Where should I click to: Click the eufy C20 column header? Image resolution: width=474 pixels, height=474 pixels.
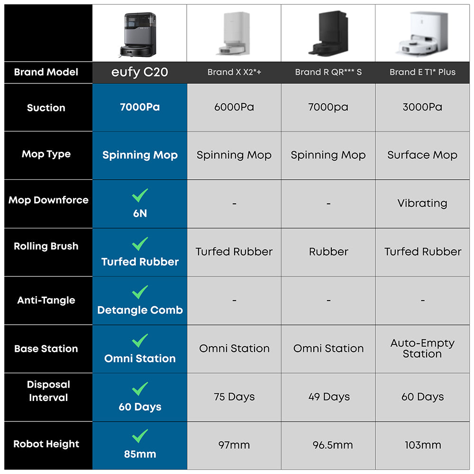pyautogui.click(x=140, y=73)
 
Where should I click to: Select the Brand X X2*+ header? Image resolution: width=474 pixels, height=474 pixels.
pyautogui.click(x=234, y=73)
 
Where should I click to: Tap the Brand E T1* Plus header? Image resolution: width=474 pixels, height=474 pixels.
pyautogui.click(x=422, y=73)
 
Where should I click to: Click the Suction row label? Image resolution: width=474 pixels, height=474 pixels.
pyautogui.click(x=46, y=108)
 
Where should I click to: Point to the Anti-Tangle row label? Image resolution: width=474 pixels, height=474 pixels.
pyautogui.click(x=46, y=300)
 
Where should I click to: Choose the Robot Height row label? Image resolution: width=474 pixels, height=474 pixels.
pyautogui.click(x=46, y=444)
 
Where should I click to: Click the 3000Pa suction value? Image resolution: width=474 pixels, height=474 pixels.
pyautogui.click(x=422, y=107)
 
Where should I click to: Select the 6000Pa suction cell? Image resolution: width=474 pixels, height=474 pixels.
pyautogui.click(x=234, y=107)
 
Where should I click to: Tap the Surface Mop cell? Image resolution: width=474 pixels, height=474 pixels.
pyautogui.click(x=422, y=155)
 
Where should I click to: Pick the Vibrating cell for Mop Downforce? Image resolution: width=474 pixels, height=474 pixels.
pyautogui.click(x=422, y=203)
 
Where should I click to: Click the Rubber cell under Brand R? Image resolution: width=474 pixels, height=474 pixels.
pyautogui.click(x=328, y=252)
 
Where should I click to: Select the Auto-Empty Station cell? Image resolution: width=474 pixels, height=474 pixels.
pyautogui.click(x=422, y=348)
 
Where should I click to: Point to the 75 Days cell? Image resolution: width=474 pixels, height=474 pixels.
pyautogui.click(x=234, y=397)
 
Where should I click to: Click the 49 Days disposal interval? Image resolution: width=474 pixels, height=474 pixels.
pyautogui.click(x=329, y=397)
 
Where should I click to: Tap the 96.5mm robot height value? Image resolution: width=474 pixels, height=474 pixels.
pyautogui.click(x=333, y=445)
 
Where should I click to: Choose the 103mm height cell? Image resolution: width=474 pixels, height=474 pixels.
pyautogui.click(x=423, y=445)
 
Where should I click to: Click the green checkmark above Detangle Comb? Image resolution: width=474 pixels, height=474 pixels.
pyautogui.click(x=140, y=292)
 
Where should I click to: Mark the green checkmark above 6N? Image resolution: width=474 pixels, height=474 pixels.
pyautogui.click(x=140, y=195)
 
